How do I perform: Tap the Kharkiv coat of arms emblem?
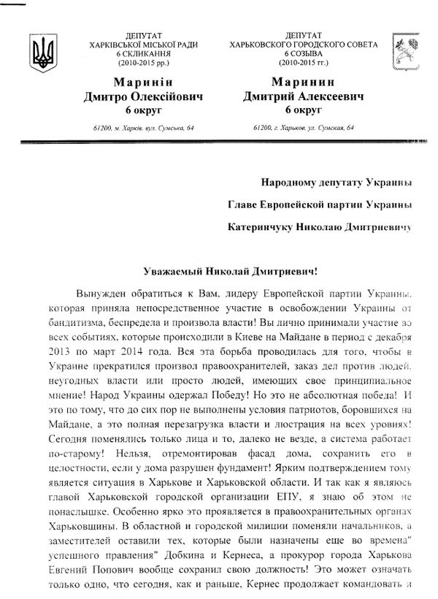click(x=402, y=47)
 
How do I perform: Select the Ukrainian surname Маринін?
click(x=142, y=82)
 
